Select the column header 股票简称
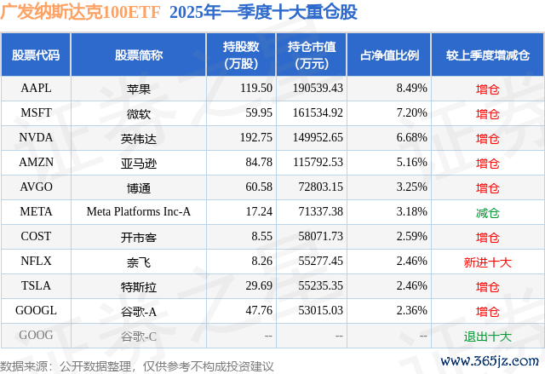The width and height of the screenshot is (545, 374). tap(139, 55)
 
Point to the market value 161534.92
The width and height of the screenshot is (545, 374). tap(316, 112)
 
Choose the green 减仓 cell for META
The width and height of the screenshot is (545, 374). tap(488, 211)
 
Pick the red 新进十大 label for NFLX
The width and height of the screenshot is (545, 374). tap(488, 261)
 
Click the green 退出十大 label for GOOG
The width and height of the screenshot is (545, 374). tap(488, 336)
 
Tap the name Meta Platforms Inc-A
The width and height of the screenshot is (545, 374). tap(139, 211)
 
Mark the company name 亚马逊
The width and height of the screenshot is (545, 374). tap(139, 162)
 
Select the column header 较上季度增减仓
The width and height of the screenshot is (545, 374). tap(488, 55)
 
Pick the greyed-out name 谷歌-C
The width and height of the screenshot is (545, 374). tap(139, 336)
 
